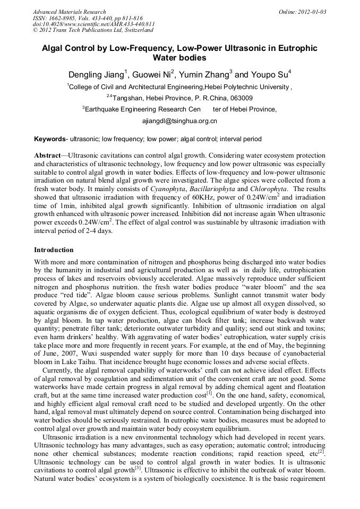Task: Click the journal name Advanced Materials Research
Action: pos(69,12)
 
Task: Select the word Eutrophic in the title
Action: pos(294,48)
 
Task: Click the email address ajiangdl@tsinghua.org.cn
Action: pos(179,121)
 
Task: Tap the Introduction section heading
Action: pos(54,250)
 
